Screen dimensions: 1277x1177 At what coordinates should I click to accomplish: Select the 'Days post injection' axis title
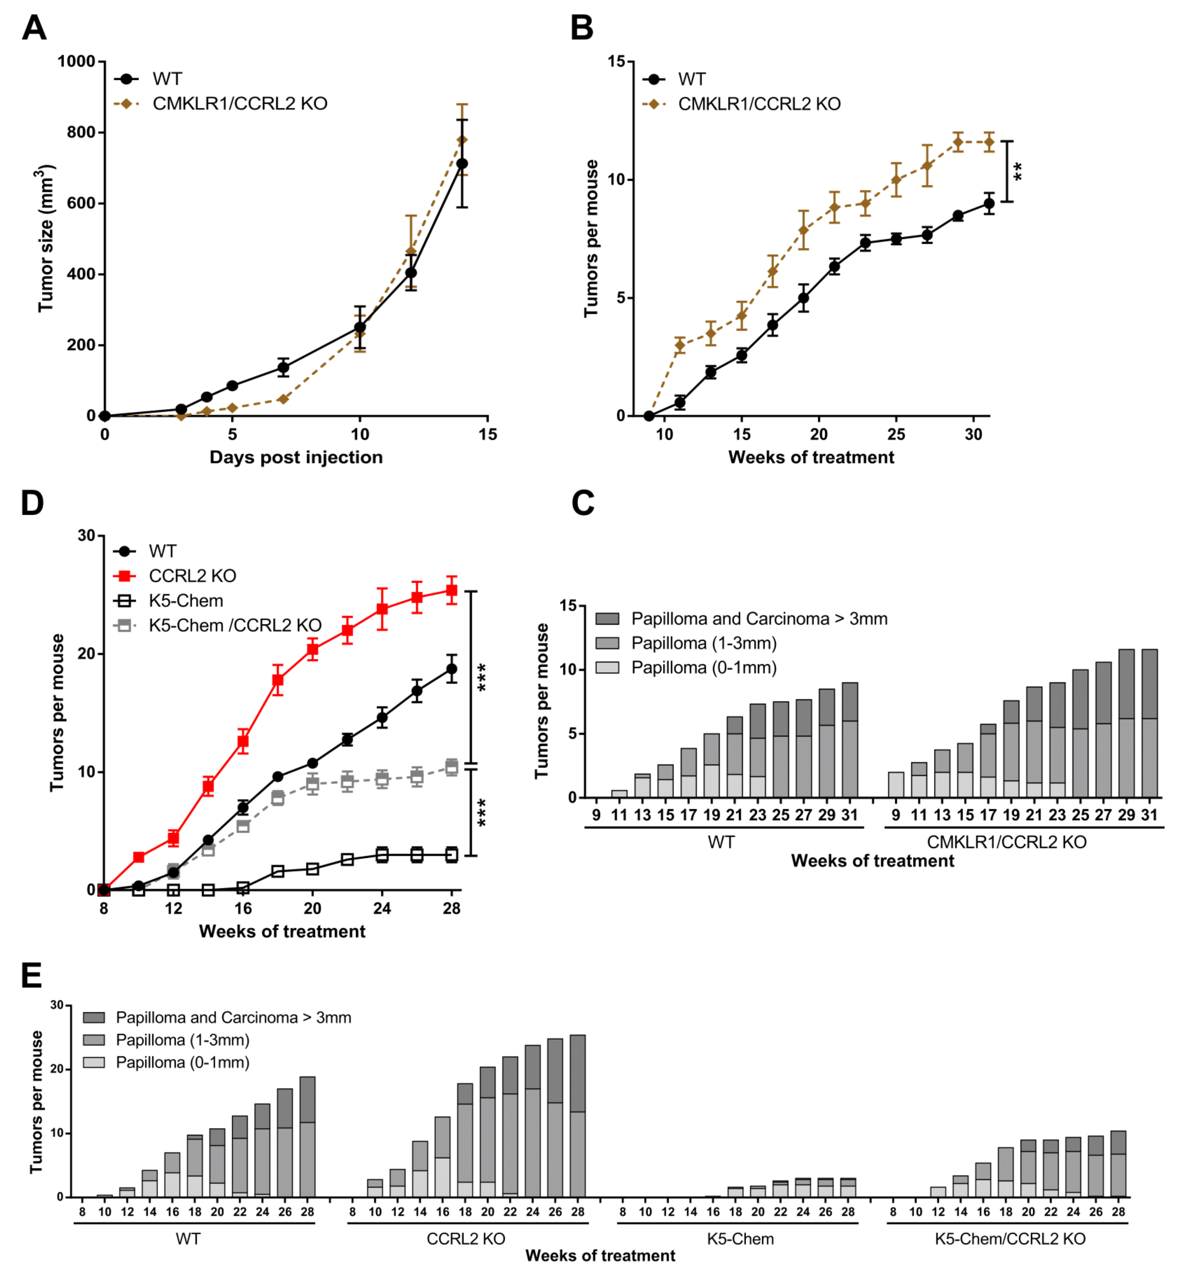(296, 457)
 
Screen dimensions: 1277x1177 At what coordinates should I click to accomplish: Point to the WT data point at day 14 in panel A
(462, 164)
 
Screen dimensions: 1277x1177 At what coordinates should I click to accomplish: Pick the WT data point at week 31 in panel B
(989, 204)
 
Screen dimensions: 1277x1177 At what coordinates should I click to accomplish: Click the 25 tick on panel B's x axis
(895, 434)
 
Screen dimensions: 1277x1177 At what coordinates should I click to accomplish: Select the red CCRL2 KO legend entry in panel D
(192, 576)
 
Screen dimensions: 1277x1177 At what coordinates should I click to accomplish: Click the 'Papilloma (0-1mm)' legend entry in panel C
(704, 667)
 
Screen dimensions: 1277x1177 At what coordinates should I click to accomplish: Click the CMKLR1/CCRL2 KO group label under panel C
(1006, 842)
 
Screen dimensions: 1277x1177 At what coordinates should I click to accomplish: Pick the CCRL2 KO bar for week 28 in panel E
(577, 1116)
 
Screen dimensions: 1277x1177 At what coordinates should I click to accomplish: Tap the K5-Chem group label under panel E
(740, 1239)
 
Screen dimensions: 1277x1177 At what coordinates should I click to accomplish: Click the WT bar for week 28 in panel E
(307, 1137)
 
